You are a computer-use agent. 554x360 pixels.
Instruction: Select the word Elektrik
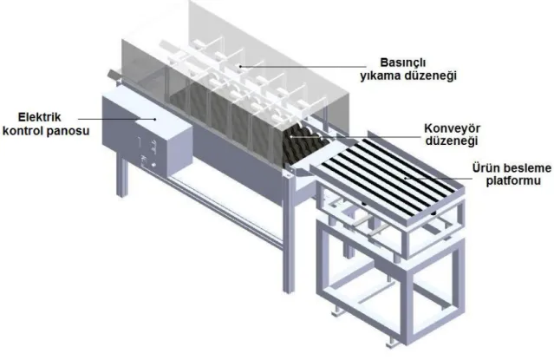click(40, 117)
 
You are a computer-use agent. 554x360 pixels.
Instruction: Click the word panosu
click(68, 131)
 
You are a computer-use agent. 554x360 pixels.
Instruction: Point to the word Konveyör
click(453, 128)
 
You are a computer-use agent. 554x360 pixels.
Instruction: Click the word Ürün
click(486, 167)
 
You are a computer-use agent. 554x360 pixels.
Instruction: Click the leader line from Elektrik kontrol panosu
click(116, 119)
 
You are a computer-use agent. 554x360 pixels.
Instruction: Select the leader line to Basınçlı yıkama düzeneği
click(303, 66)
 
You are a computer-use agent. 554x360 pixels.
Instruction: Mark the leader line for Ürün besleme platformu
click(439, 178)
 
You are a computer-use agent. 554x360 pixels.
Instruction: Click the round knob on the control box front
click(153, 165)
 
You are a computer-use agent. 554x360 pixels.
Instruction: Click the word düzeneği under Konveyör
click(452, 141)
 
